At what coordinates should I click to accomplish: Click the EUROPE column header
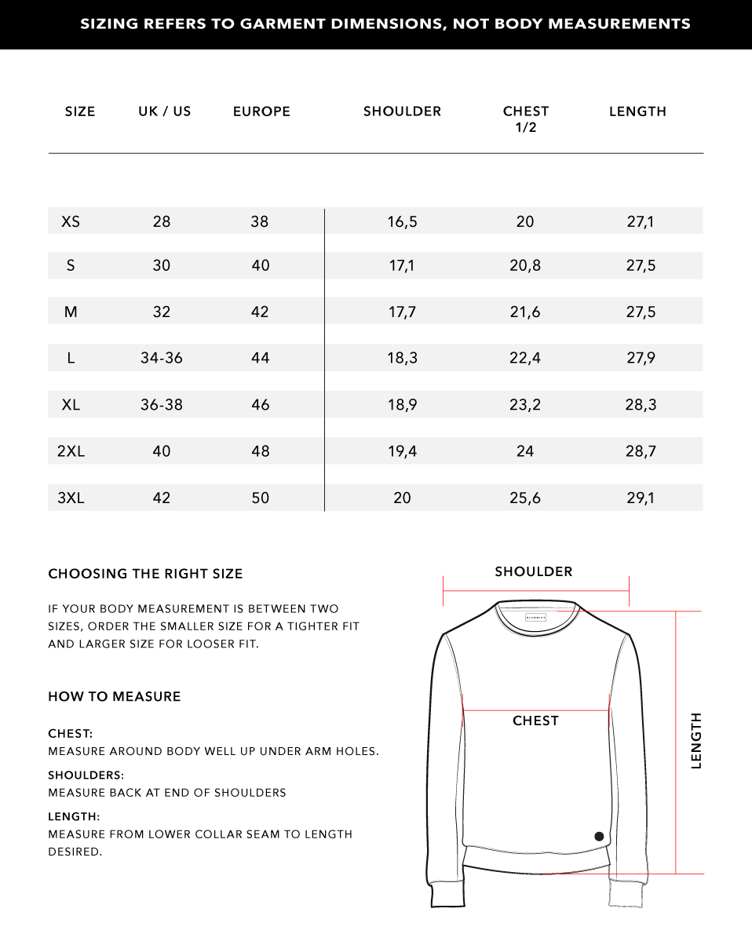(261, 111)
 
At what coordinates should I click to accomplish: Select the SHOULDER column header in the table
(402, 111)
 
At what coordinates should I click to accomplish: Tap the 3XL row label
(71, 498)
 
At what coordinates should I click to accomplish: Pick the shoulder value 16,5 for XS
(402, 221)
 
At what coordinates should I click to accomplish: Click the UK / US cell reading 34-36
(162, 358)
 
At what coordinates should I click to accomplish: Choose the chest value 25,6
(525, 498)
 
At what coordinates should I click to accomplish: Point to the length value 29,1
(641, 498)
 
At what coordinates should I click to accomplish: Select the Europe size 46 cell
(260, 405)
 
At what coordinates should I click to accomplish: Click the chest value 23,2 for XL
(525, 405)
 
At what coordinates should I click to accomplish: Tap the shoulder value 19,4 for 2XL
(402, 451)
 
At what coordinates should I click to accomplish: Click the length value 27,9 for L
(641, 358)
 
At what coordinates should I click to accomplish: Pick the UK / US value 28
(162, 221)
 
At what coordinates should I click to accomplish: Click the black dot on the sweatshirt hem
(600, 837)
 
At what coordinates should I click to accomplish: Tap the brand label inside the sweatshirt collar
(536, 618)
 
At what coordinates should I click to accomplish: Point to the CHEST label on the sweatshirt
(535, 721)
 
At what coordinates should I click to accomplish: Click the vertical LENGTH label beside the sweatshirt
(696, 740)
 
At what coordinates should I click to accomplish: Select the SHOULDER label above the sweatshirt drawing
(534, 571)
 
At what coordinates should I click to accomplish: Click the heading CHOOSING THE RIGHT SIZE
(145, 574)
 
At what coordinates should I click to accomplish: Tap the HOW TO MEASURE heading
(115, 696)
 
